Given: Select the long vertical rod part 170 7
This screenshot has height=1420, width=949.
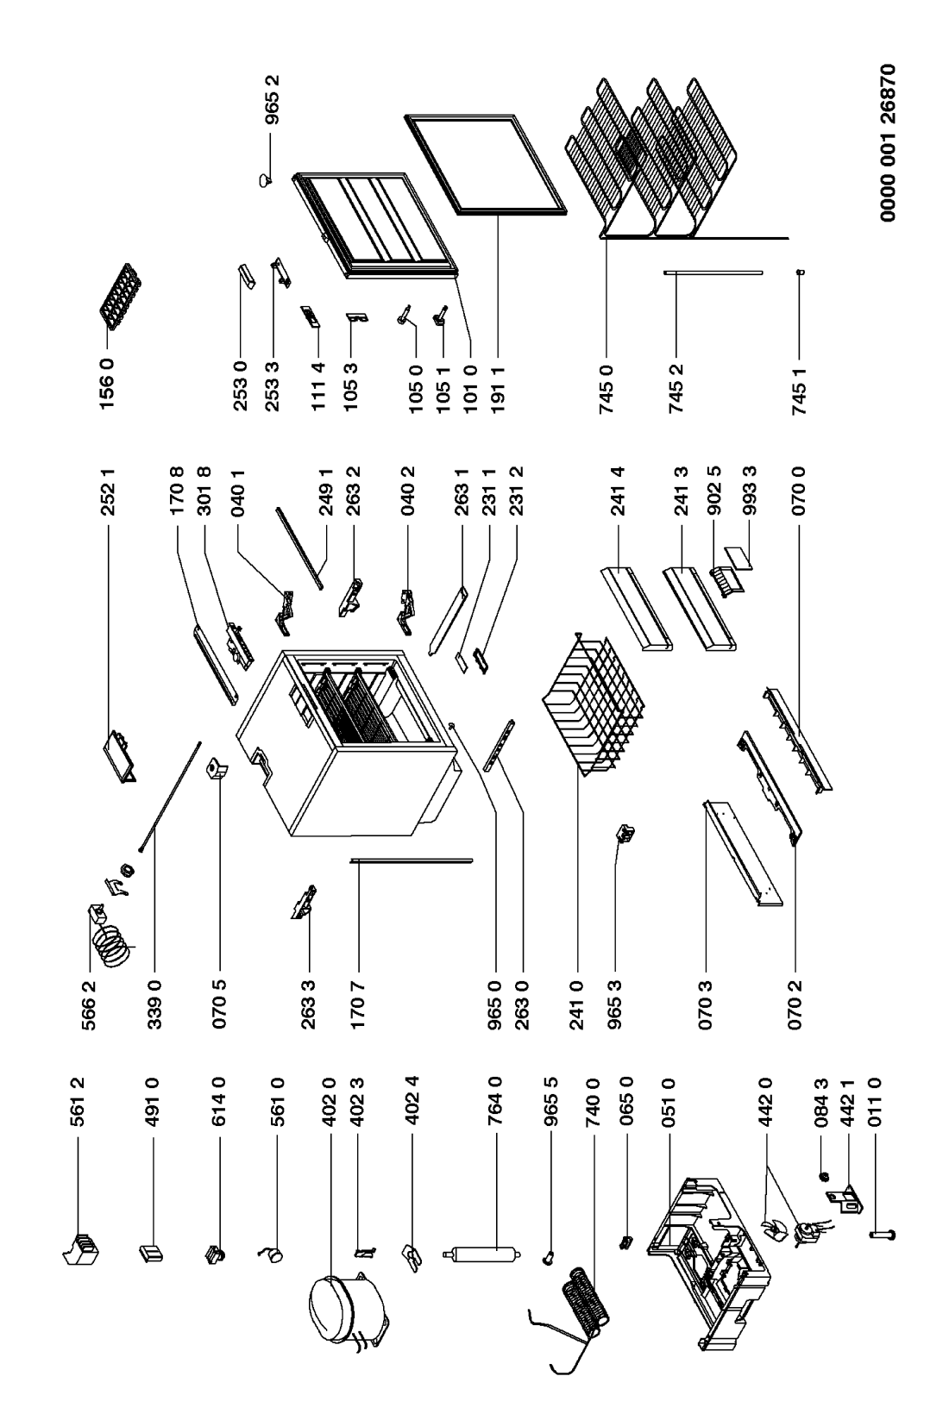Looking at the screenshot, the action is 411,860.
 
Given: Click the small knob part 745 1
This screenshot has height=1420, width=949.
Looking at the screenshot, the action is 801,272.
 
